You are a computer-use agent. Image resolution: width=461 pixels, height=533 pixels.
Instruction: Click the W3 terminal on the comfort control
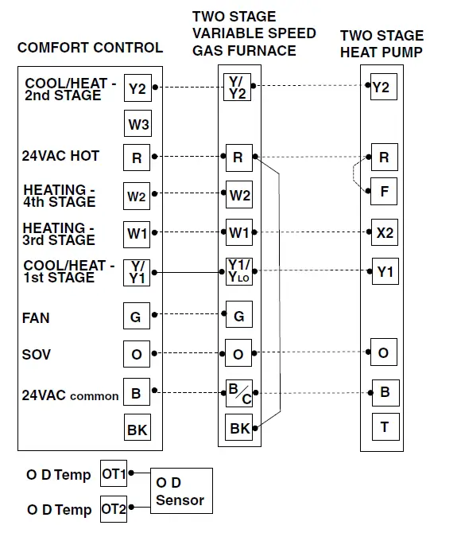[138, 124]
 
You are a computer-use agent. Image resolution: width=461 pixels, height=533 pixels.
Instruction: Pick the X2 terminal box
[383, 232]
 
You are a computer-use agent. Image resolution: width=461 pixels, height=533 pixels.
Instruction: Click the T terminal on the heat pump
[384, 428]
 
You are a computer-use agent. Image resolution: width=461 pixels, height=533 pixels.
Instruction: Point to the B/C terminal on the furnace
[238, 391]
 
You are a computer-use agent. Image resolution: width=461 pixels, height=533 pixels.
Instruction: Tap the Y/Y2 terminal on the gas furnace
[238, 87]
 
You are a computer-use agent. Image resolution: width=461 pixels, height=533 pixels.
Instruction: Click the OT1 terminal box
[114, 474]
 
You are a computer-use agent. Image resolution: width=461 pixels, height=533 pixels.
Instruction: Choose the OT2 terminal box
[114, 509]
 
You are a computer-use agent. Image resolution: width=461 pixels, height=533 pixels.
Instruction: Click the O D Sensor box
[180, 492]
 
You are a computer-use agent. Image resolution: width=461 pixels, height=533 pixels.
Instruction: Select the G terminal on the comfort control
[136, 317]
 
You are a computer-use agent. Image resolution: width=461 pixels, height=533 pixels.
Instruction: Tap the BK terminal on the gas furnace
[239, 429]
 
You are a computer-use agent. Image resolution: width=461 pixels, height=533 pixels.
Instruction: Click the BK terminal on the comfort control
[137, 430]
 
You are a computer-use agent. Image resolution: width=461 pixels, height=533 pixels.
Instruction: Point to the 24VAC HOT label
[60, 157]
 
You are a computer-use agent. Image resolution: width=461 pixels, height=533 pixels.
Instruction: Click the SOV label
[37, 355]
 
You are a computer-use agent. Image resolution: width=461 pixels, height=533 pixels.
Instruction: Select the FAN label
[36, 318]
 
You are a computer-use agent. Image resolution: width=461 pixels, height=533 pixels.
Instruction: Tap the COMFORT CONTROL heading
[90, 48]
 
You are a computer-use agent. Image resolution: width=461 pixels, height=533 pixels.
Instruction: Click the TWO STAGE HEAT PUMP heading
[382, 44]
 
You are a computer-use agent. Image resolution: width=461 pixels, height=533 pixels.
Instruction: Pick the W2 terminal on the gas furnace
[239, 195]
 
